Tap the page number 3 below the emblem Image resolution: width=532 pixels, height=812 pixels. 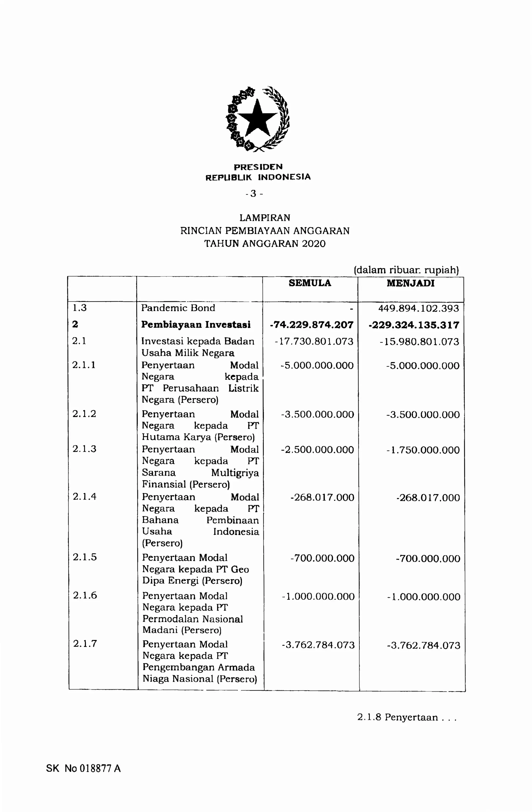coord(254,194)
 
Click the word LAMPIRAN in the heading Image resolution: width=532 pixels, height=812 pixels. coord(265,218)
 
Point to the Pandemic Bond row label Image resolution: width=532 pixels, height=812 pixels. coord(178,308)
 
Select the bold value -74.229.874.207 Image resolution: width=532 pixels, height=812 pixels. coord(312,325)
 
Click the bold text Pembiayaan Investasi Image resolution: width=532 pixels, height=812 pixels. coord(196,325)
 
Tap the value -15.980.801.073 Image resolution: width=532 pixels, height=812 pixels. coord(419,341)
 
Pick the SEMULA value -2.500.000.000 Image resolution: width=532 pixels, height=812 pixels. coord(317,450)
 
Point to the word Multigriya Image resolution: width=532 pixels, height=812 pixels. coord(235,473)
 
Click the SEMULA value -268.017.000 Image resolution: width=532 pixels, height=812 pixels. coord(322,497)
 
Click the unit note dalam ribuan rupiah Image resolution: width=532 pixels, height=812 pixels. coord(406,270)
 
